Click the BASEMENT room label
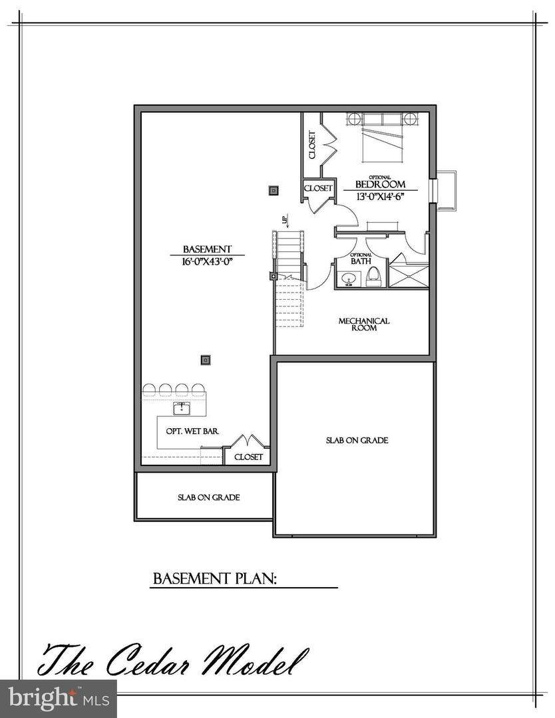tap(207, 249)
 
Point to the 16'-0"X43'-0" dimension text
tap(207, 261)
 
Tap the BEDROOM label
tap(381, 184)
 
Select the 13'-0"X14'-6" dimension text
tap(381, 196)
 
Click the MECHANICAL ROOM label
tap(364, 324)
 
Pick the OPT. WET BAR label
tap(192, 431)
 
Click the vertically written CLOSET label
tap(312, 145)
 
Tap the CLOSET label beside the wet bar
tap(248, 457)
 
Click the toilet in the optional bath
tap(373, 277)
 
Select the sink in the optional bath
tap(349, 279)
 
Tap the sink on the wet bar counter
tap(182, 408)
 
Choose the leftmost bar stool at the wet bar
tap(150, 390)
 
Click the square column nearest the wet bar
tap(206, 360)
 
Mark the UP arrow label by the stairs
tap(285, 220)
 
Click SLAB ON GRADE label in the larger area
tap(357, 441)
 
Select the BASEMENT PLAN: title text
tap(214, 578)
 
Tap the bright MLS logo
tap(58, 699)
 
